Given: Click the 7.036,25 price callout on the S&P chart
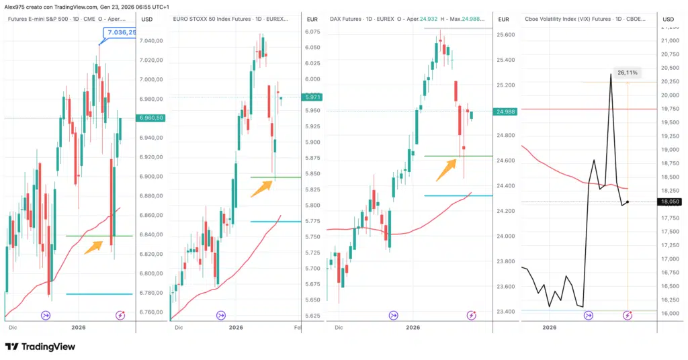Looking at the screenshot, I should [120, 32].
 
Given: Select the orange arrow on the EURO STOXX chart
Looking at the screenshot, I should [262, 188].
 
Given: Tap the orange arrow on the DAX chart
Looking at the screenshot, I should [445, 171].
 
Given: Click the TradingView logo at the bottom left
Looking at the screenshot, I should [40, 347].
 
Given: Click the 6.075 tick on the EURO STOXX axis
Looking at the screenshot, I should [312, 32].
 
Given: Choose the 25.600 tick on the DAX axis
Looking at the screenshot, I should [505, 34].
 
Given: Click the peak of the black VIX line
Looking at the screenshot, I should [610, 75].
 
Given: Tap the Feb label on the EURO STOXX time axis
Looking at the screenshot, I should [297, 328].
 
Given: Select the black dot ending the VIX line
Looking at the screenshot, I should [628, 201].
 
